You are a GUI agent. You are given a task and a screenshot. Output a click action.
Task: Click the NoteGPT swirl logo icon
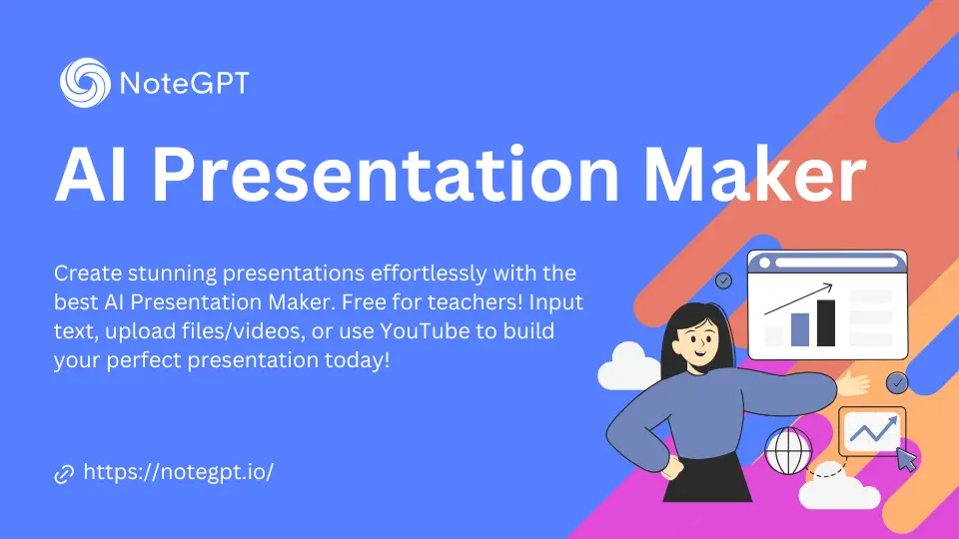(84, 82)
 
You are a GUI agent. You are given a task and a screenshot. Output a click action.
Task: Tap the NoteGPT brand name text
(184, 83)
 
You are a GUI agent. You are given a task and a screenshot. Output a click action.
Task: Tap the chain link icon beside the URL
(64, 474)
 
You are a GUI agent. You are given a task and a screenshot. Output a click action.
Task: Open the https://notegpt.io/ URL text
(178, 472)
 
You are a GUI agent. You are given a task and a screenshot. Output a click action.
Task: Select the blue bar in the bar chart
(799, 328)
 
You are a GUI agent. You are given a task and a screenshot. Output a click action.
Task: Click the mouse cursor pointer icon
(906, 459)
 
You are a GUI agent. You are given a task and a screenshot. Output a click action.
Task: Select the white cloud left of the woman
(628, 367)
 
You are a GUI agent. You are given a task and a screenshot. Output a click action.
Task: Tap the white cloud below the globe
(837, 490)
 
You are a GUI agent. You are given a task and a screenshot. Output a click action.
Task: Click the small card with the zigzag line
(871, 430)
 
